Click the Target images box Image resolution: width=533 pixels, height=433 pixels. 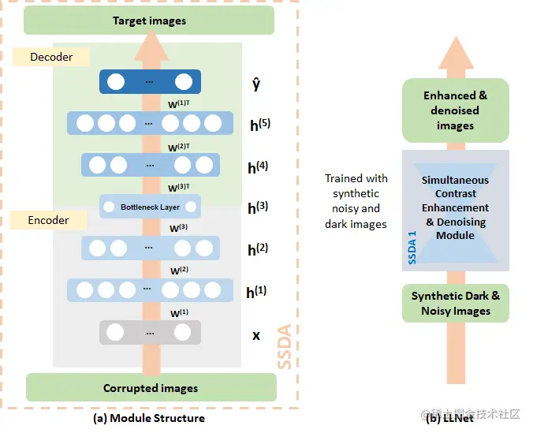(x=150, y=21)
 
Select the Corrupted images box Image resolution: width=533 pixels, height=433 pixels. (x=151, y=387)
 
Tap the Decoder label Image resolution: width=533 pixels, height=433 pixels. (x=51, y=57)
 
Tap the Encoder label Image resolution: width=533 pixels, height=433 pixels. (x=49, y=220)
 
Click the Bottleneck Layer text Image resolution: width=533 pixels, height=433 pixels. (x=150, y=207)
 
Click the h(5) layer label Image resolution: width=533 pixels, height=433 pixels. (x=259, y=123)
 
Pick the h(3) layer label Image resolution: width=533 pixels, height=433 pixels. (x=258, y=207)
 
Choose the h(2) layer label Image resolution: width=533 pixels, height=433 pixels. (x=258, y=249)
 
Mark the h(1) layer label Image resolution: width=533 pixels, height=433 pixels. (x=257, y=292)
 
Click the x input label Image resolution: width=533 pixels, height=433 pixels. (x=255, y=334)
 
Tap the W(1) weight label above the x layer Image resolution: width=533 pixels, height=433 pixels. (x=180, y=313)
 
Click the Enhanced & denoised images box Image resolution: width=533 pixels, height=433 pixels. (x=456, y=110)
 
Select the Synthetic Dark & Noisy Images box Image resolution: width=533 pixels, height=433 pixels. (x=456, y=304)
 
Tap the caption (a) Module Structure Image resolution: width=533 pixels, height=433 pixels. (x=149, y=418)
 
